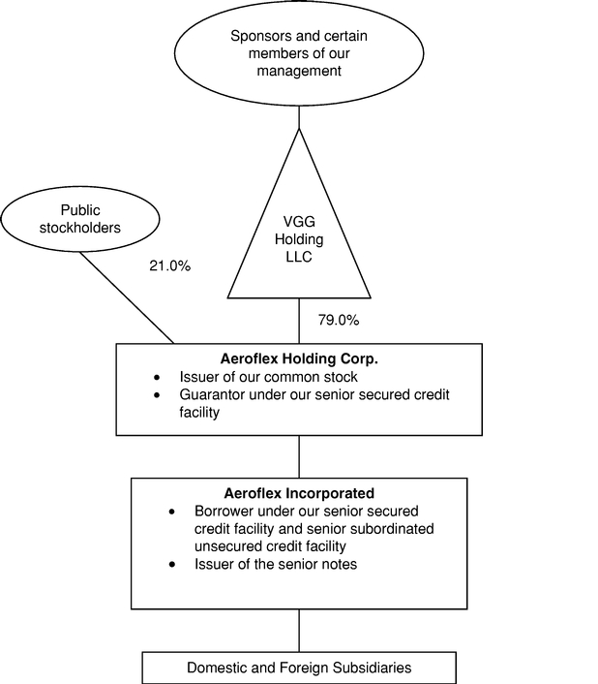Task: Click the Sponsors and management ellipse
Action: tap(298, 53)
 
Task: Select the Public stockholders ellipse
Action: tap(80, 218)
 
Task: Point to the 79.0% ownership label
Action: tap(339, 319)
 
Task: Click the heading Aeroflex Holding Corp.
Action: tap(298, 358)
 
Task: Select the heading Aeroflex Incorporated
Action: tap(298, 492)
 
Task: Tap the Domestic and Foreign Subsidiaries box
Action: tap(298, 668)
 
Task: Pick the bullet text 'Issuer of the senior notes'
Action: tap(276, 564)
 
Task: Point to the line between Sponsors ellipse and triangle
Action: tap(299, 117)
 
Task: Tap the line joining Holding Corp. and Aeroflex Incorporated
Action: tap(299, 454)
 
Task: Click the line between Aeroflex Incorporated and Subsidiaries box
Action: tap(299, 631)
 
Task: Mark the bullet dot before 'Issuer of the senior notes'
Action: tap(172, 564)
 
